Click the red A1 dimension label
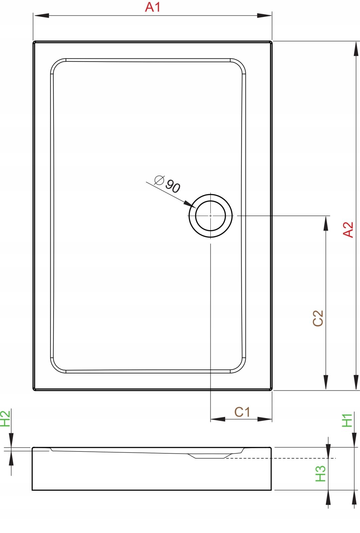click(153, 7)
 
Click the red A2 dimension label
click(348, 230)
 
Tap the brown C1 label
click(242, 412)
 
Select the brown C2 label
click(318, 318)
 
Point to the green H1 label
click(347, 420)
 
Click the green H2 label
click(5, 419)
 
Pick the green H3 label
click(320, 474)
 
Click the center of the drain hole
click(210, 216)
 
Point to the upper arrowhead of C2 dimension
click(326, 223)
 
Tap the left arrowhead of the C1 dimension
click(218, 419)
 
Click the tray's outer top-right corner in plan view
click(271, 42)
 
